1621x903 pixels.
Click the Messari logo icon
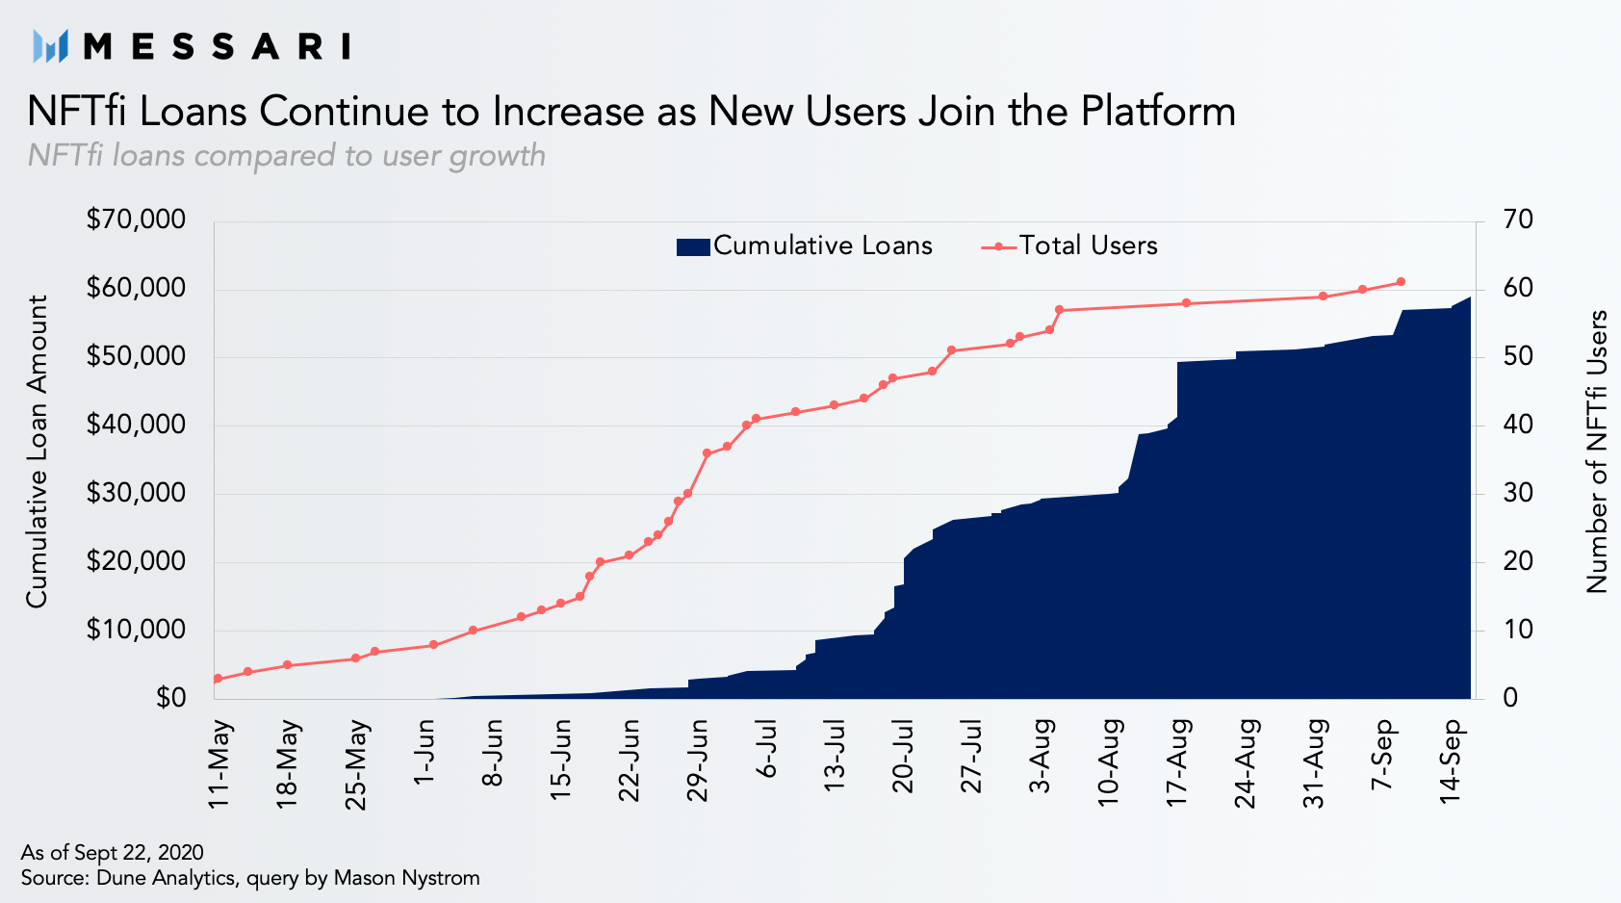[50, 46]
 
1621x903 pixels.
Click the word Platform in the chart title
[1158, 112]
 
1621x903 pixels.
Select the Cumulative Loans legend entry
[804, 246]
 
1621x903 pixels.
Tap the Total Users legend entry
[1068, 246]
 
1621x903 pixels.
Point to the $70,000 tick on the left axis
[136, 219]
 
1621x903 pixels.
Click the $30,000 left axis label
[136, 494]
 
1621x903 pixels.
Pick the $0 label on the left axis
[170, 698]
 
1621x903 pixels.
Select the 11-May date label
[220, 764]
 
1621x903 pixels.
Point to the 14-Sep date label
[1451, 761]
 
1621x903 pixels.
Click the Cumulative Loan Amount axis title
[37, 451]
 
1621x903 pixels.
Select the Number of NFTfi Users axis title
[1596, 452]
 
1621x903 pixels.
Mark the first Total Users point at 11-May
[218, 679]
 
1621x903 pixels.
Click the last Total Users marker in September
[1401, 281]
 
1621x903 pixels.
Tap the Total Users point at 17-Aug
[1186, 302]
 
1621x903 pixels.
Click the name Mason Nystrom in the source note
[406, 878]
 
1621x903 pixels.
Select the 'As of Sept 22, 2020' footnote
[113, 852]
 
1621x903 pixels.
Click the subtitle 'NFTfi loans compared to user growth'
[287, 156]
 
